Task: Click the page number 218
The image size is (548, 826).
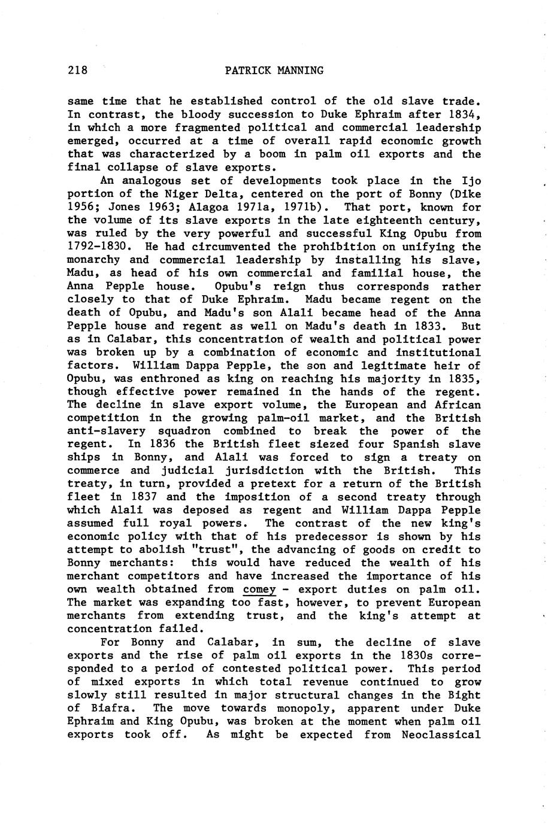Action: [x=77, y=71]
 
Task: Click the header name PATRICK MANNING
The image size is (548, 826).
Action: [x=274, y=71]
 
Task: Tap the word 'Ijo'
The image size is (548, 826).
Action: [x=471, y=181]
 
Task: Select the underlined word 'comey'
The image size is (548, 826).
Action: [x=260, y=590]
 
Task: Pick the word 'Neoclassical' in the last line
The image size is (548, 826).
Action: [x=443, y=734]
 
